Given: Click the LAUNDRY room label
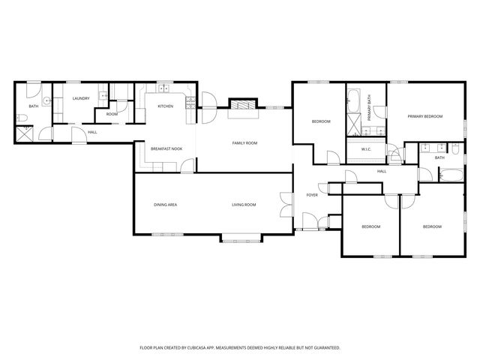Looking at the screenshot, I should tap(81, 98).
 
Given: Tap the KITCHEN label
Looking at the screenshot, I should tap(165, 106).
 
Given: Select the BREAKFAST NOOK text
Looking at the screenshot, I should tap(166, 148).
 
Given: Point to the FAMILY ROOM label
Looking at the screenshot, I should tap(244, 142).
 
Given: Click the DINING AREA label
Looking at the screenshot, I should tap(165, 205).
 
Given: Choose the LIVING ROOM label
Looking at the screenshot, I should tap(244, 205).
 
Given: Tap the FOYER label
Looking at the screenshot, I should tap(312, 196).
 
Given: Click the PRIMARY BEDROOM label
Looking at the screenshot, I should tap(425, 116).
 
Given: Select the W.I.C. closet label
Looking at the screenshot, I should tap(366, 149).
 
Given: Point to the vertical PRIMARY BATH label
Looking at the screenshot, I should tap(370, 109).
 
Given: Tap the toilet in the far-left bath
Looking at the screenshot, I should tap(25, 117).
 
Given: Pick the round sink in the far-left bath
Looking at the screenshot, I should tap(46, 100).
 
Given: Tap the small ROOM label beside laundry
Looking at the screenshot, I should tap(112, 114).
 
